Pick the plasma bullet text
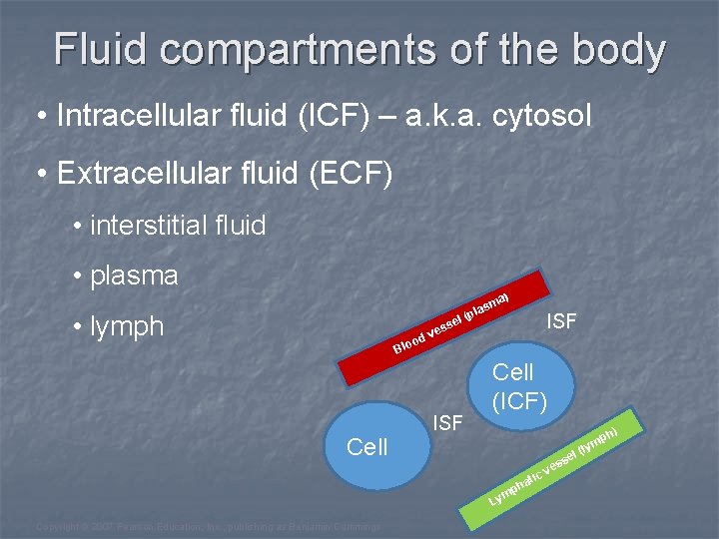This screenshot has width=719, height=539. coord(134,275)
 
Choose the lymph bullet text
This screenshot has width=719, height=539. coord(127,326)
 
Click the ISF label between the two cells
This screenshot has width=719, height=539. coord(448,423)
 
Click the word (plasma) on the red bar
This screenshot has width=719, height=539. coord(486,304)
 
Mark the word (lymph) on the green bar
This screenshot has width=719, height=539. coord(601,440)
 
